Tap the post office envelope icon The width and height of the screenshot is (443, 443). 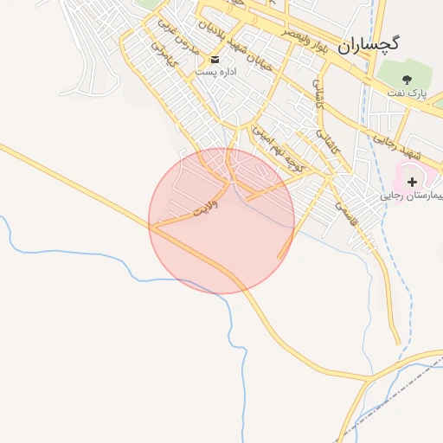(215, 59)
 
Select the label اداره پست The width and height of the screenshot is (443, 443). (215, 72)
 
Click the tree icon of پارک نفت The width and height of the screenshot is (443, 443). (407, 80)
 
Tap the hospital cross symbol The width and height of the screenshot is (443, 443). (412, 182)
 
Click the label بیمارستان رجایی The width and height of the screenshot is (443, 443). (412, 196)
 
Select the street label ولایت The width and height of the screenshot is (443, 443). (206, 208)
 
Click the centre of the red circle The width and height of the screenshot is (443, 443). (221, 221)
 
